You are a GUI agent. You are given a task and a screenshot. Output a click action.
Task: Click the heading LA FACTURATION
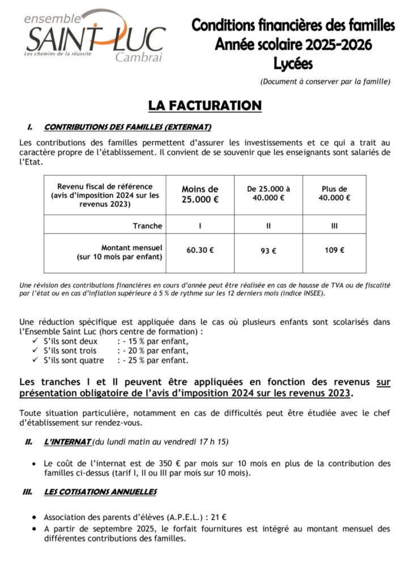(x=204, y=106)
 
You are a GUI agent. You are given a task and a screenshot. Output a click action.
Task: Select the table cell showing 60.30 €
(x=200, y=250)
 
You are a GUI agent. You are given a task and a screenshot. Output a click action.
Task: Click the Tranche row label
(x=147, y=226)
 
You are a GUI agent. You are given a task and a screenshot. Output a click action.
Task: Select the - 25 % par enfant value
(x=152, y=361)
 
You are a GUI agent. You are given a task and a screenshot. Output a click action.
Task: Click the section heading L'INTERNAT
(x=67, y=441)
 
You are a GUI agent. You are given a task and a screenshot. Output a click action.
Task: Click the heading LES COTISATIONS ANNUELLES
(x=100, y=492)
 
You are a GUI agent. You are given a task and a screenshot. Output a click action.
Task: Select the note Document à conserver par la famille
(x=325, y=81)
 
